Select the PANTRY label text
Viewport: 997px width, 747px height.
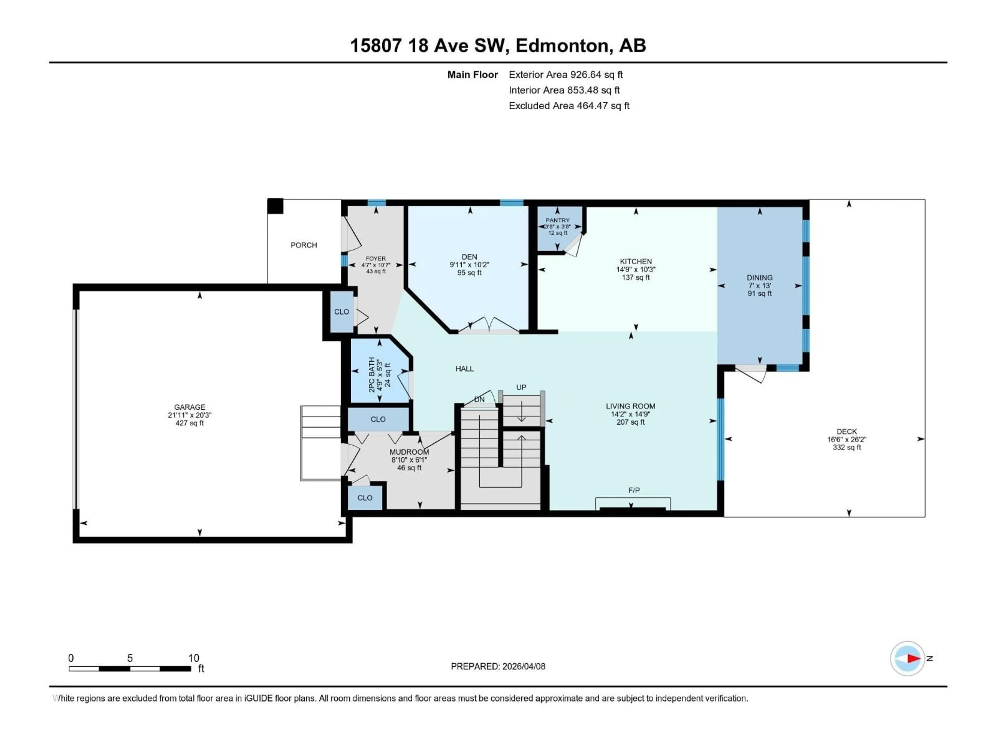(557, 220)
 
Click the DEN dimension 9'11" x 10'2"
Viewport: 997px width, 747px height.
(469, 265)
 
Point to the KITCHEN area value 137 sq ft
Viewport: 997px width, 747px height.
(636, 277)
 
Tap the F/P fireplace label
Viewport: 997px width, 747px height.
(634, 490)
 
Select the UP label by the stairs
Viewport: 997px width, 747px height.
(521, 387)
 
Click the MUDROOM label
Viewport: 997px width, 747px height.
(409, 452)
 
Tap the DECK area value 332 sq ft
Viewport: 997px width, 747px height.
(846, 447)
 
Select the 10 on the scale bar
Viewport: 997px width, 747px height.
(193, 658)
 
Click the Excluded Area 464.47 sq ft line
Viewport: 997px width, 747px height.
(569, 106)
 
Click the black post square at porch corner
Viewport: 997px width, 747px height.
(275, 206)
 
